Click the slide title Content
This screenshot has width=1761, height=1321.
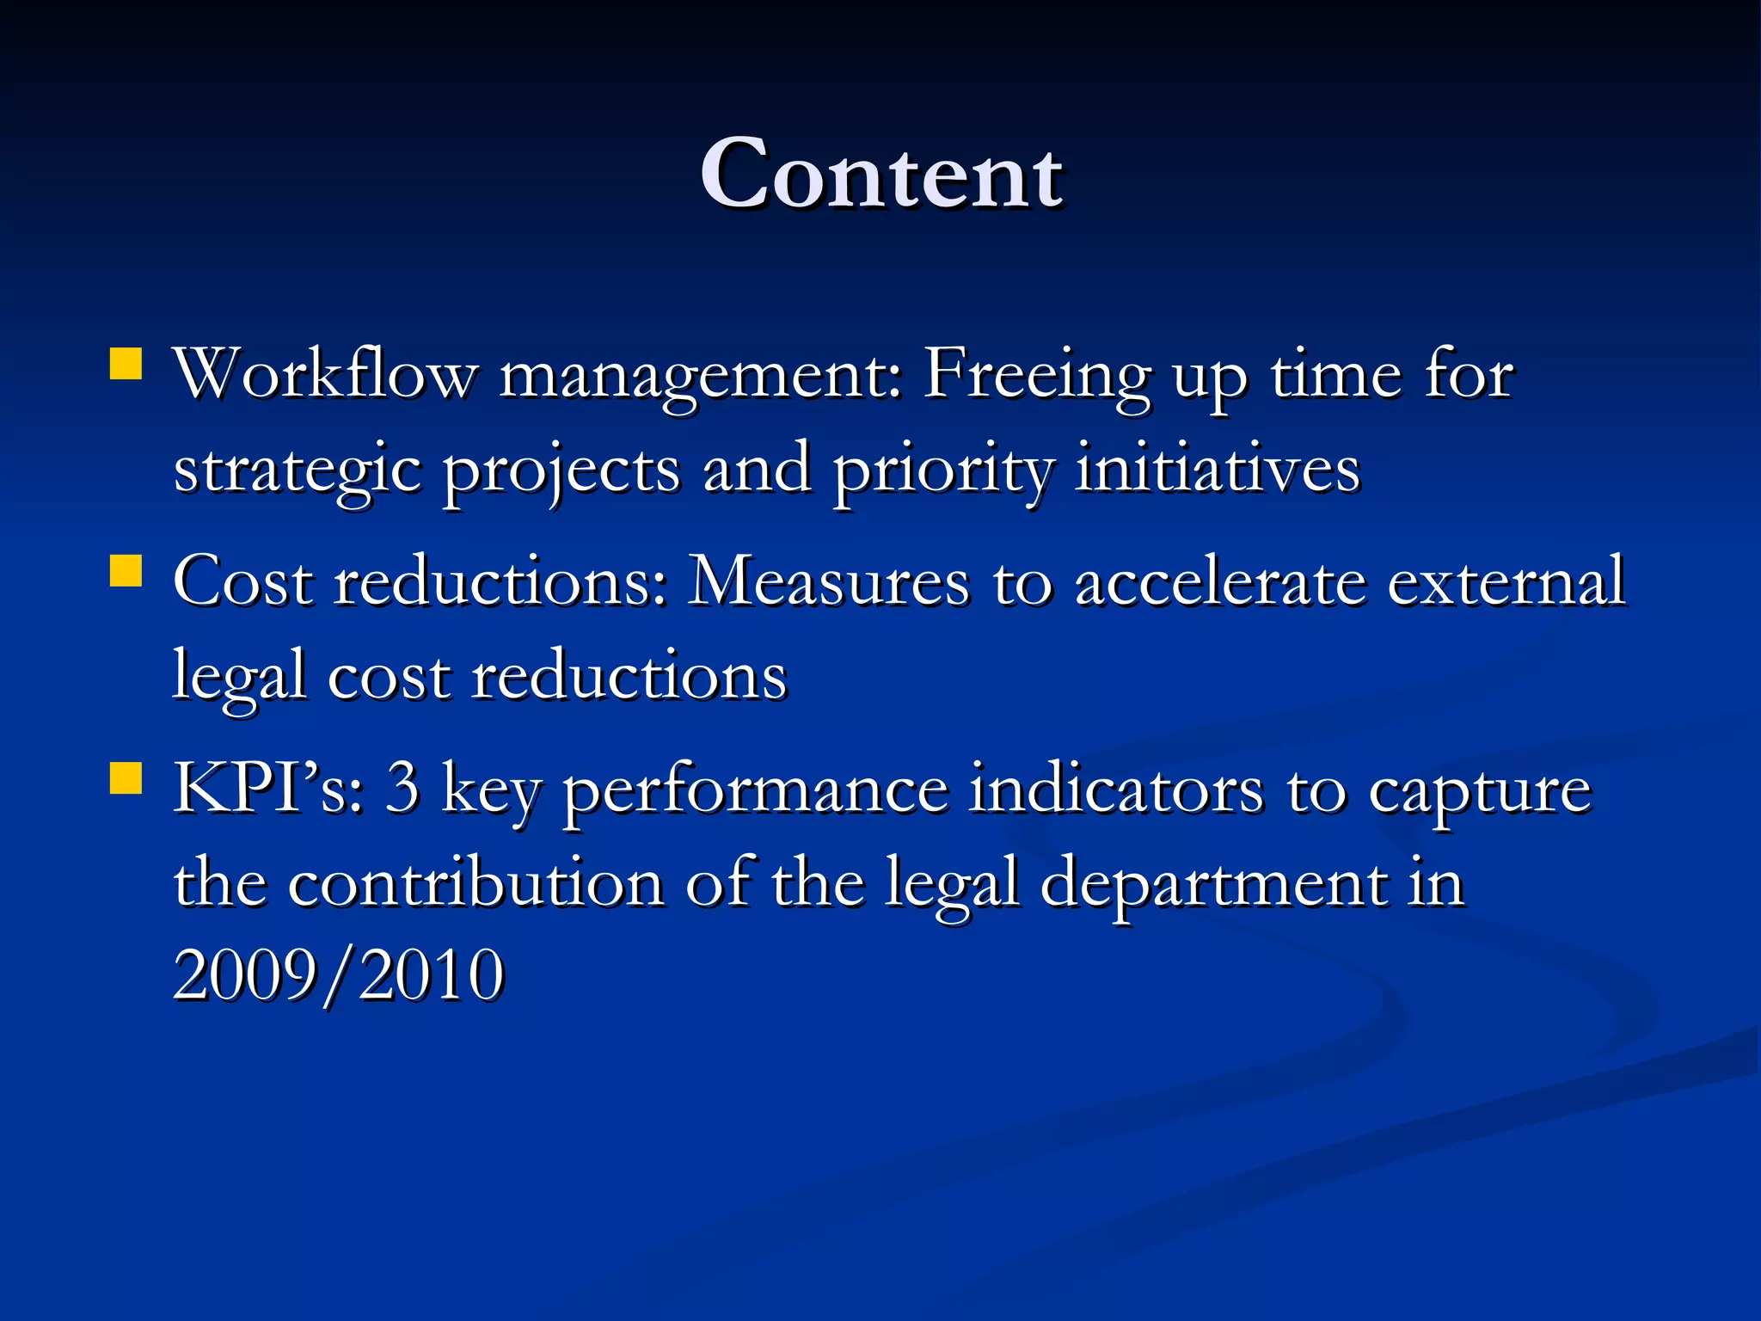881,175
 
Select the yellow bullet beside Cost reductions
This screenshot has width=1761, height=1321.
126,570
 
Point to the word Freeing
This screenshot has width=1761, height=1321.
1036,376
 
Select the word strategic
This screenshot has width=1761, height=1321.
298,471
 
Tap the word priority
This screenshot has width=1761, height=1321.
942,471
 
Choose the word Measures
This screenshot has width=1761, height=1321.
829,582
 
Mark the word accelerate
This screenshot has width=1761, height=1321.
1221,582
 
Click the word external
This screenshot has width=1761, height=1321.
1506,582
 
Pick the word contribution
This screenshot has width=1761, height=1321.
476,883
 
